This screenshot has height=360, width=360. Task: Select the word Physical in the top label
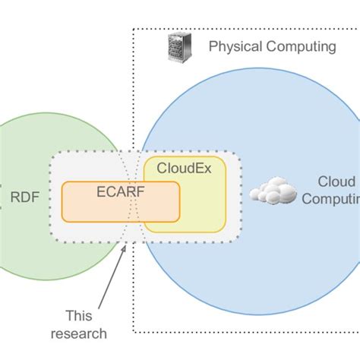tap(235, 47)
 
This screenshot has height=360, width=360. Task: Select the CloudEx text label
tap(183, 169)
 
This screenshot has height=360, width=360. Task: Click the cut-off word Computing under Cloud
tap(331, 200)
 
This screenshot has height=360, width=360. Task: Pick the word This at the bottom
tap(78, 315)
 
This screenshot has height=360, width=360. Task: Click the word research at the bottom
tap(78, 332)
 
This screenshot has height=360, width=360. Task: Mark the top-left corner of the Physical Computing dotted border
tap(134, 30)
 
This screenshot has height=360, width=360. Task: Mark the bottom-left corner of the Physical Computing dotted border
tap(134, 332)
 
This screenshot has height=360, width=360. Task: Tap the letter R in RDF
tap(14, 199)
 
